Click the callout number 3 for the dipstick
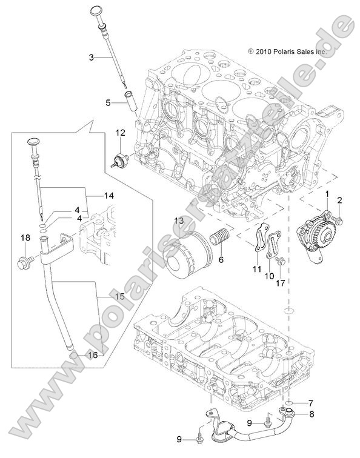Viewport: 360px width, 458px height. (91, 58)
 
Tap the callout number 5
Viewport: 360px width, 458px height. (108, 103)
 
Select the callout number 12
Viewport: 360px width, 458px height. (120, 132)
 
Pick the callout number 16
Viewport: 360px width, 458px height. (93, 355)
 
